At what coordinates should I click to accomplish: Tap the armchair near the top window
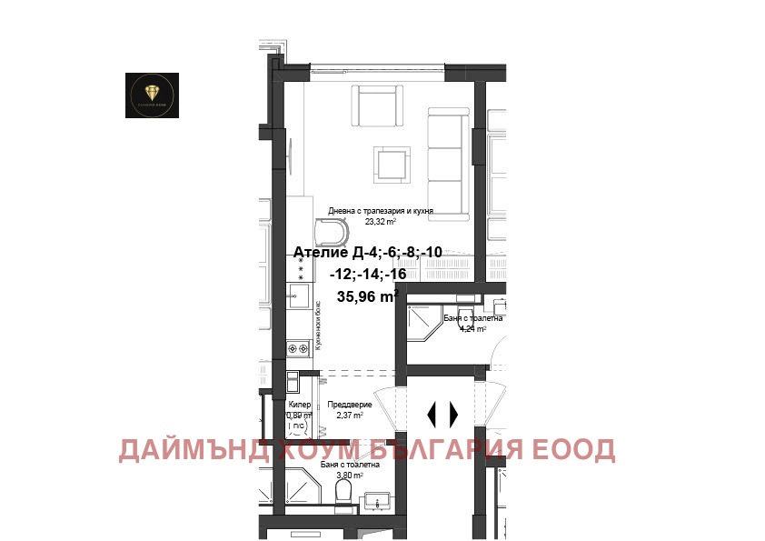[x=376, y=106]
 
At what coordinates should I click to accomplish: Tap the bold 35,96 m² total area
[x=367, y=296]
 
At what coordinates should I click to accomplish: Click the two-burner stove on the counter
[x=298, y=346]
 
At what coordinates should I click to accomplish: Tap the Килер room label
[x=299, y=405]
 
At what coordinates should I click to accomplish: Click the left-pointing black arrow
[x=432, y=414]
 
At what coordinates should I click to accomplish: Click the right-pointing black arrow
[x=454, y=414]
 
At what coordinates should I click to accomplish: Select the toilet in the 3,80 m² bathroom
[x=343, y=492]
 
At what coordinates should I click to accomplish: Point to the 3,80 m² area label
[x=349, y=475]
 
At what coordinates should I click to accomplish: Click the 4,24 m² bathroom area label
[x=472, y=329]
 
